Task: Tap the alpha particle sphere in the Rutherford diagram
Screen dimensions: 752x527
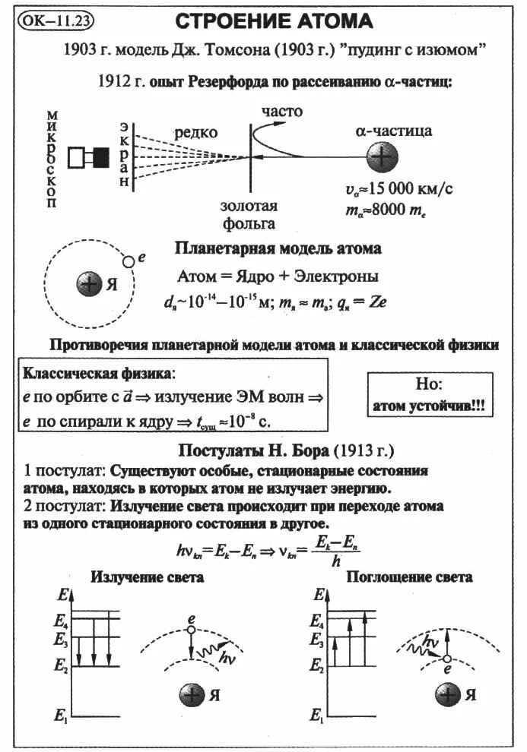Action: point(382,157)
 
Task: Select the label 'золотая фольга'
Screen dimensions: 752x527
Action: point(249,214)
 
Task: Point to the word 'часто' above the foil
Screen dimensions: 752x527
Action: point(282,112)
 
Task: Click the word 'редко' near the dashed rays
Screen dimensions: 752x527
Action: point(196,132)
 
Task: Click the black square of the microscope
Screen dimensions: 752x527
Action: point(100,157)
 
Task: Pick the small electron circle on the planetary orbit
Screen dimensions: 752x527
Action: point(129,261)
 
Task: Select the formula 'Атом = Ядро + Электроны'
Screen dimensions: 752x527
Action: point(278,276)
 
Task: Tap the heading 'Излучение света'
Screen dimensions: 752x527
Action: point(148,577)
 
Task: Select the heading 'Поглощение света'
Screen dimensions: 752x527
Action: point(409,577)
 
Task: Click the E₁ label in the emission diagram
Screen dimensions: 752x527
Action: point(62,716)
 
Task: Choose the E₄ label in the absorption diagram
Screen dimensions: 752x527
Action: point(316,621)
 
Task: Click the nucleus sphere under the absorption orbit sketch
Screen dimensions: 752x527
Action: point(447,694)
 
